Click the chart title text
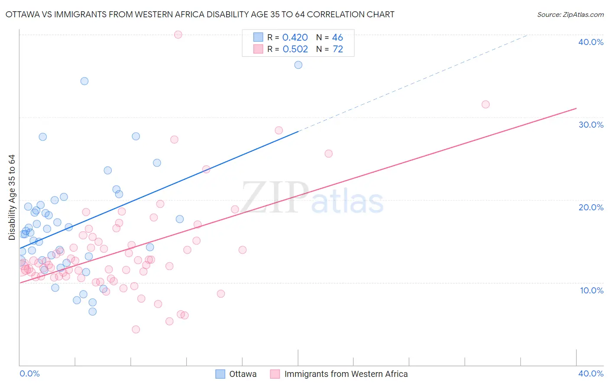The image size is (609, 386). tap(200, 14)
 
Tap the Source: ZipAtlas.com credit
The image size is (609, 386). tap(570, 14)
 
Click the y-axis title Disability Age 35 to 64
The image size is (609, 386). tap(12, 197)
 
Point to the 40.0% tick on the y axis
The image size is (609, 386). tap(591, 42)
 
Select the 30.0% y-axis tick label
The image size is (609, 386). tap(591, 125)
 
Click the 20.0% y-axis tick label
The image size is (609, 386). tap(591, 207)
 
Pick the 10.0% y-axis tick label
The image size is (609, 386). tap(592, 290)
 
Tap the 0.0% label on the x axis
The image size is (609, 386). tap(29, 373)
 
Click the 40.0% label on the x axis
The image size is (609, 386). tap(591, 373)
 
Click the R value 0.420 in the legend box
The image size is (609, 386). tap(295, 38)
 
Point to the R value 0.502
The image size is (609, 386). tap(295, 49)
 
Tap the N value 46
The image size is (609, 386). tap(337, 38)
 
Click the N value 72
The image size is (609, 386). tap(337, 49)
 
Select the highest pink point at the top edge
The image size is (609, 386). tap(178, 35)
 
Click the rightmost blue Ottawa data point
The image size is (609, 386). tap(298, 65)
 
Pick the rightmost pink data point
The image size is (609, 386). tap(486, 104)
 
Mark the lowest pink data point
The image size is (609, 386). tap(136, 329)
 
